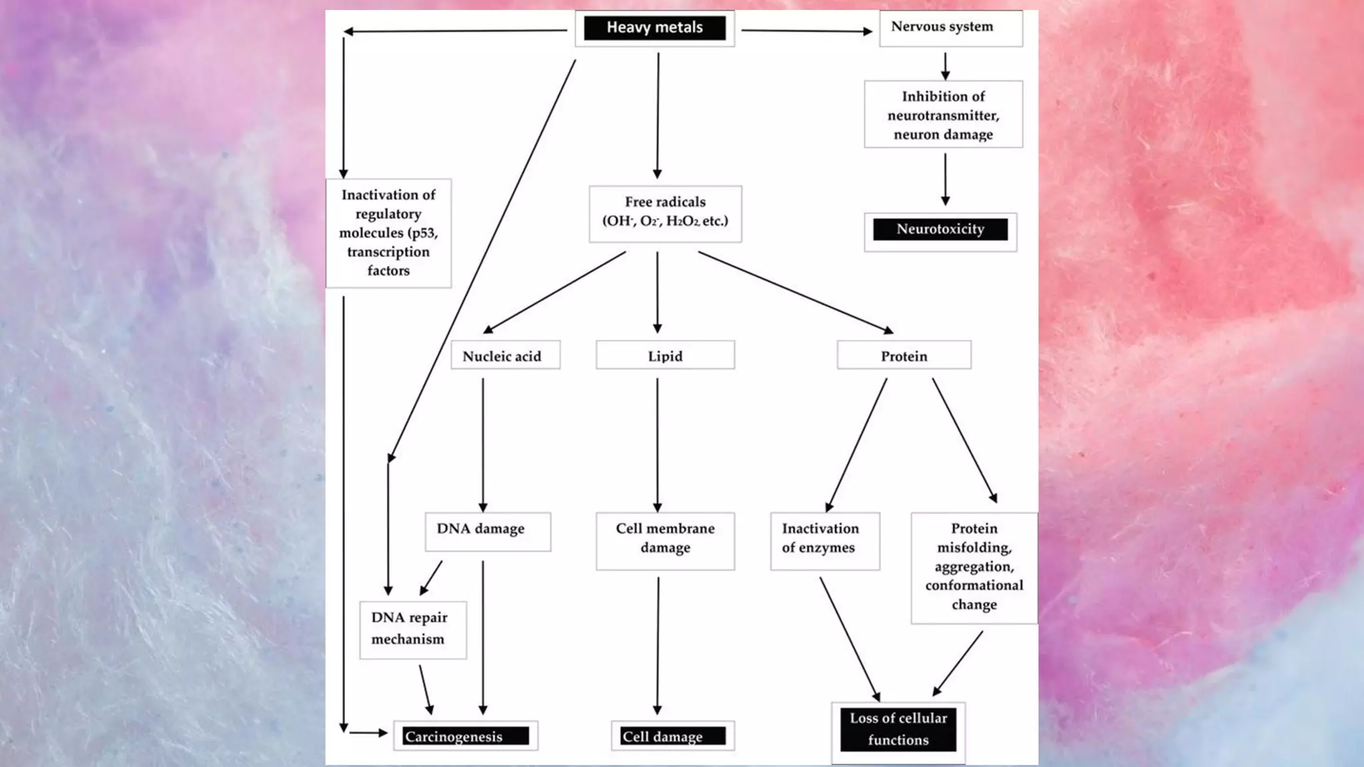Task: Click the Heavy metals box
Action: point(654,28)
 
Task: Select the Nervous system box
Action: point(950,28)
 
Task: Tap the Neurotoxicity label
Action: point(940,230)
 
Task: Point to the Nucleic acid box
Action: point(504,356)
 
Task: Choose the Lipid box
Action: point(665,356)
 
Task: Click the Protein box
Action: point(903,356)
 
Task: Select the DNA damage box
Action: point(487,531)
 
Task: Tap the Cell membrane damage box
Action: point(665,539)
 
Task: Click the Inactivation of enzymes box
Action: point(824,539)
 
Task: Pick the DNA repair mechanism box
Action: point(412,629)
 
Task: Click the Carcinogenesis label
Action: point(465,736)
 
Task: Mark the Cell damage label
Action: point(672,736)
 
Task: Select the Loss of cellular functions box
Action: point(897,730)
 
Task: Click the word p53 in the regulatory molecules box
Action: point(422,233)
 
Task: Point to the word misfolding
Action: point(974,548)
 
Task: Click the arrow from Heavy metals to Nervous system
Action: point(806,31)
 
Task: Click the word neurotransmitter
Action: point(943,116)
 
